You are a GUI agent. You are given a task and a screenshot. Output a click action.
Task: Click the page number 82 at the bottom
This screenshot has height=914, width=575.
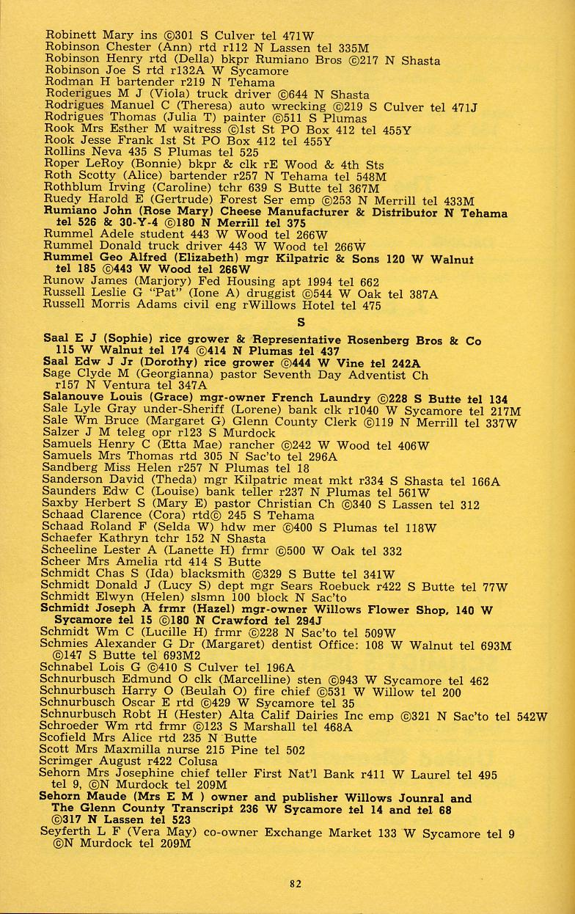(296, 884)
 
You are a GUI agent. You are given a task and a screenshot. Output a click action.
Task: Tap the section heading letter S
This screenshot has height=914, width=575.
(301, 322)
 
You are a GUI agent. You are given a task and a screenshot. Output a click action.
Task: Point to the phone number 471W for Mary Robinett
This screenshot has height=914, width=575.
(299, 34)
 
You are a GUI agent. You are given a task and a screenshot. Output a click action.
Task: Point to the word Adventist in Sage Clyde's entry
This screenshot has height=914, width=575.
(360, 373)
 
